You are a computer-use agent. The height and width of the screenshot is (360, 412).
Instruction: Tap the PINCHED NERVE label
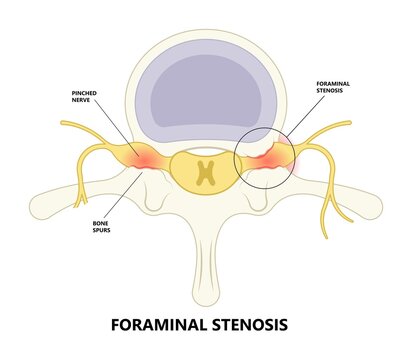click(84, 96)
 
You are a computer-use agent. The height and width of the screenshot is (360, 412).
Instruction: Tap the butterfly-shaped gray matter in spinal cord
click(206, 172)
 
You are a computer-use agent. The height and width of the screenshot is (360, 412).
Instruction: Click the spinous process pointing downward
click(206, 270)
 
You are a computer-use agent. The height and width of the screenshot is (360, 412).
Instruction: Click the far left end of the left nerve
click(63, 125)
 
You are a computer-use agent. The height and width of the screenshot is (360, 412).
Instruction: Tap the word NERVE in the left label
click(84, 102)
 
